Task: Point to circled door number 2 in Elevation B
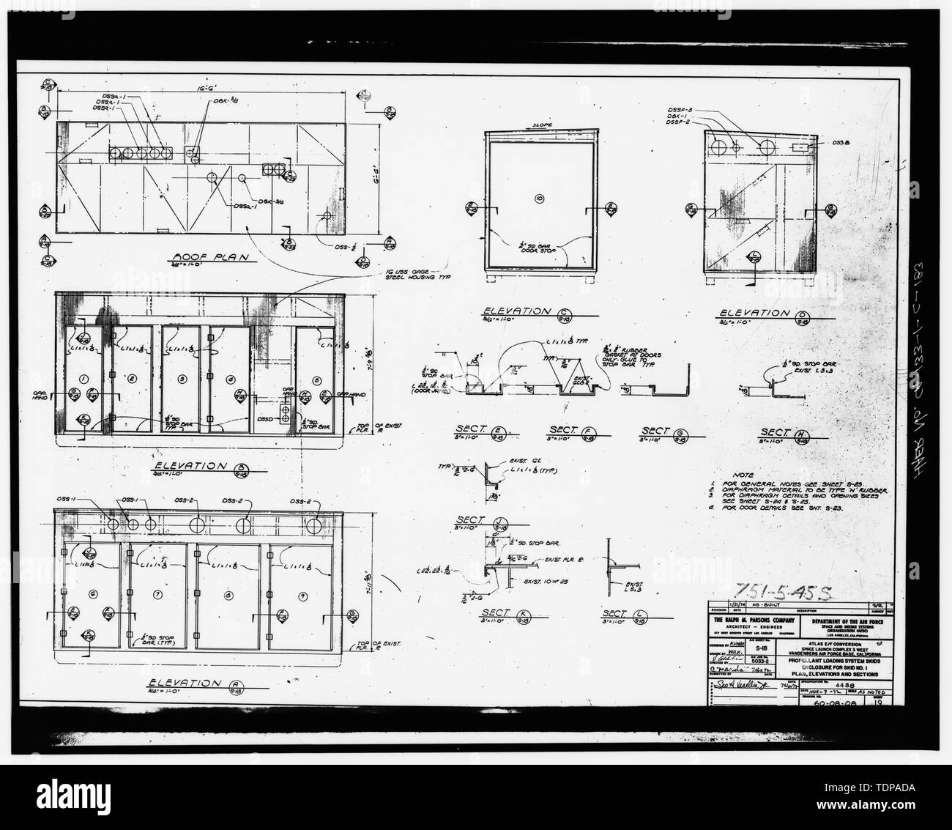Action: tap(132, 378)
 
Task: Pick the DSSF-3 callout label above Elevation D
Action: tap(681, 111)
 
